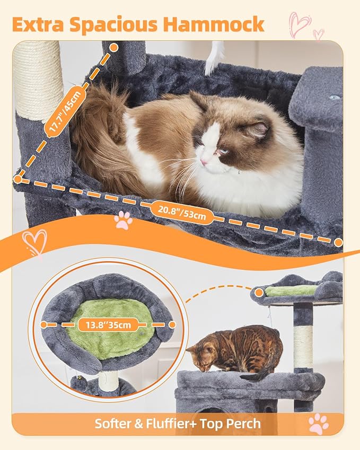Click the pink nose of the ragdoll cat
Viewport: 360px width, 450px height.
204,161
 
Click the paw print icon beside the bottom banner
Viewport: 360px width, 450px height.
318,424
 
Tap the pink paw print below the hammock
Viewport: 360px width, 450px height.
123,219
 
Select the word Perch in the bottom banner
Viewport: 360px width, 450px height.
243,423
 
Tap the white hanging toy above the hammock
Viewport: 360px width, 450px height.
213,58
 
